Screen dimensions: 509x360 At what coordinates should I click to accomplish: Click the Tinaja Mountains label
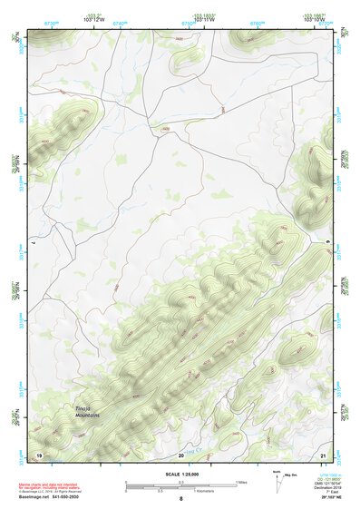[x=87, y=413]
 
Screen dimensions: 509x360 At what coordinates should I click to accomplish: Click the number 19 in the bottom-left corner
[x=38, y=454]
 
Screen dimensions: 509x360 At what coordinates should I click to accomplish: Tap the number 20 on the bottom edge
[x=181, y=454]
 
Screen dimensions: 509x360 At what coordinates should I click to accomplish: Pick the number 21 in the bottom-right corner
[x=323, y=454]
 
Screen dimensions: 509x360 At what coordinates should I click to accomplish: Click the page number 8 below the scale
[x=181, y=499]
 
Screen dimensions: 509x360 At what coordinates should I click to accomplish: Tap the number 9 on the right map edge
[x=328, y=242]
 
